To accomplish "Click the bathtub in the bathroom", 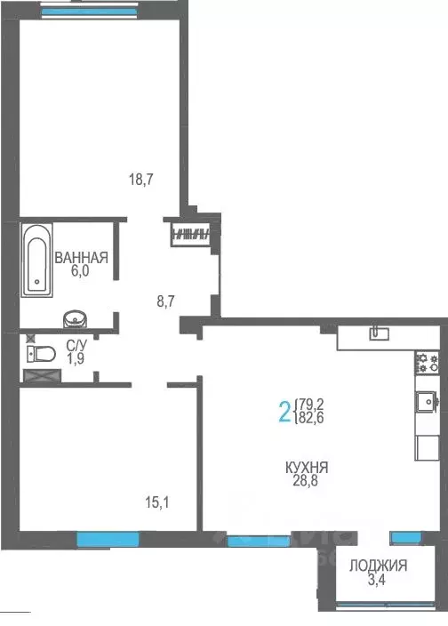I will click(36, 259).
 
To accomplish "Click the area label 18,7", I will click(141, 179).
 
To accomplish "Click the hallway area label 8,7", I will click(166, 301).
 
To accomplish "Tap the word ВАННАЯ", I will click(81, 259).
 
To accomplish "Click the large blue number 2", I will click(284, 413).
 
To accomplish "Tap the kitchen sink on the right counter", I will click(426, 405).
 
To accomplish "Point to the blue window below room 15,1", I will click(108, 538).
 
